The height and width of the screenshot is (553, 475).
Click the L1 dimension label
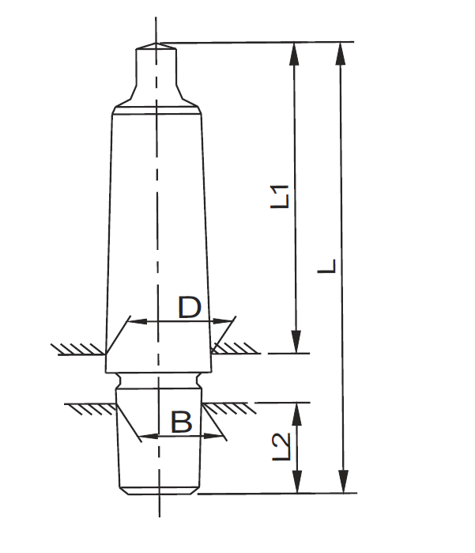click(x=282, y=195)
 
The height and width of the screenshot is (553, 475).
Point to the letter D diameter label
click(x=189, y=307)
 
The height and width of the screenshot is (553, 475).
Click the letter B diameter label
click(x=182, y=422)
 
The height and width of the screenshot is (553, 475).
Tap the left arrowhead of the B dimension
click(x=145, y=435)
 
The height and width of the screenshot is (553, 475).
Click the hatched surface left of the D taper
click(x=77, y=348)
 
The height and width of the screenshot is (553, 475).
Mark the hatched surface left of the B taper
click(x=91, y=407)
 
